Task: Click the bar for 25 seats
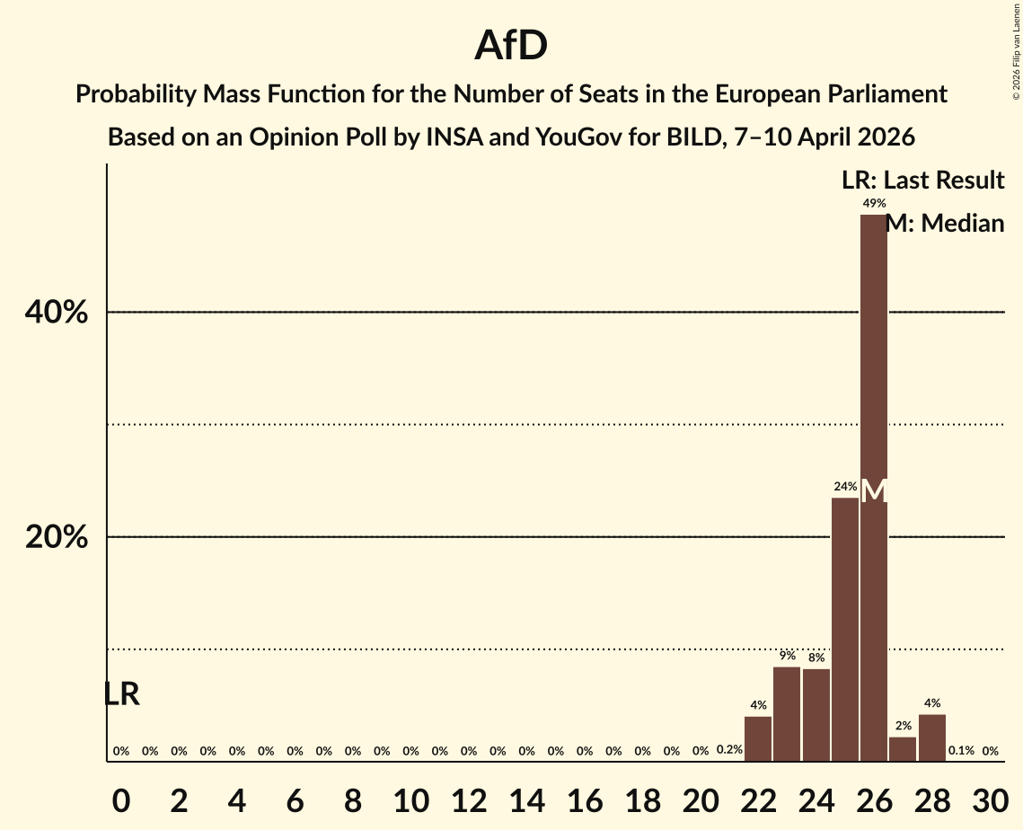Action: (x=844, y=629)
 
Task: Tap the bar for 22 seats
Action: (x=758, y=738)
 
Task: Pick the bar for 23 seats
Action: (x=787, y=714)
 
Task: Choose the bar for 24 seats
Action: (x=816, y=715)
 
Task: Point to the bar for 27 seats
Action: (x=903, y=749)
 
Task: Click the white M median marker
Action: (x=874, y=491)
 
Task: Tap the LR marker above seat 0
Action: (x=121, y=694)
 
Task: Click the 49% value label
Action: (x=874, y=203)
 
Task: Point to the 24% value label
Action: (x=844, y=487)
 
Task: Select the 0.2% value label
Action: (x=729, y=750)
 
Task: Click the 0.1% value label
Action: (x=961, y=751)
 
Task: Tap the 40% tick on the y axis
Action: (x=56, y=313)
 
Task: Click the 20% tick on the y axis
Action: (x=56, y=537)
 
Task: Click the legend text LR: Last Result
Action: (x=922, y=181)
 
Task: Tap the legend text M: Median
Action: (x=945, y=224)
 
